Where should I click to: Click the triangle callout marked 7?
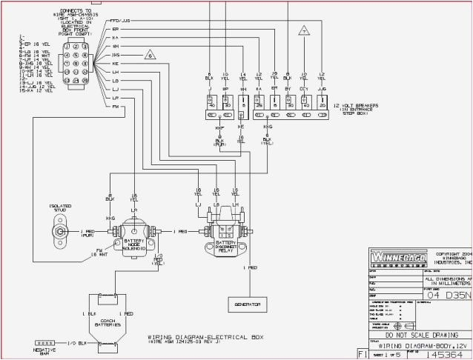coord(303,31)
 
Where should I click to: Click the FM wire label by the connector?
coord(115,107)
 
